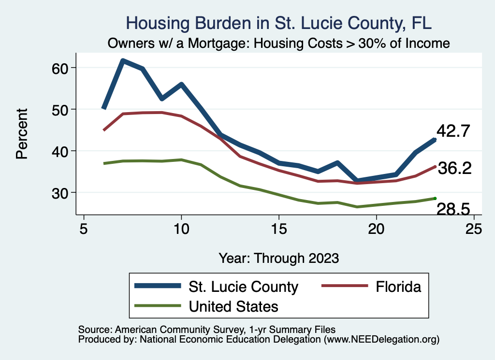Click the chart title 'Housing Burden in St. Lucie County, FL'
coord(278,23)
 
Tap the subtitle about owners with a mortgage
coord(279,43)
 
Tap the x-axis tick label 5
coord(84,229)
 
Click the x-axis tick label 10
coord(181,229)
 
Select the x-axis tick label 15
coord(279,229)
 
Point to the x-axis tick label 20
coord(377,229)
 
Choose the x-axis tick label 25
coord(474,229)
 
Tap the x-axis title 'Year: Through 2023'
coord(279,258)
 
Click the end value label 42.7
coord(453,131)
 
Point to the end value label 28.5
coord(453,209)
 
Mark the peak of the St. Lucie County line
coord(123,61)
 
